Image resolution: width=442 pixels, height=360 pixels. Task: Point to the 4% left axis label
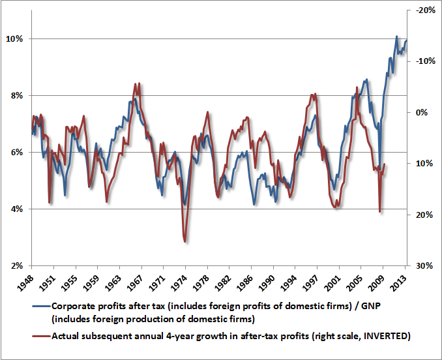pyautogui.click(x=16, y=209)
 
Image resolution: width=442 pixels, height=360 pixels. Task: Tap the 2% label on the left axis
pyautogui.click(x=16, y=265)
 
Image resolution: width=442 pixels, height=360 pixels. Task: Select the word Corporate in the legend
pyautogui.click(x=72, y=305)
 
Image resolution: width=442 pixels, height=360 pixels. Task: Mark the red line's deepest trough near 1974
pyautogui.click(x=185, y=242)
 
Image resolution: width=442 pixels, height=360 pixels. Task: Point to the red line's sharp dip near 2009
pyautogui.click(x=380, y=211)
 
